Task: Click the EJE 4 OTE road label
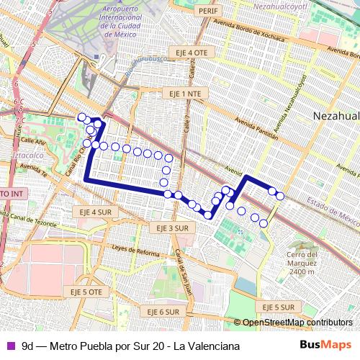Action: pos(191,53)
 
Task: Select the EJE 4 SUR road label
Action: pos(95,212)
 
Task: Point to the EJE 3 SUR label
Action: pos(172,228)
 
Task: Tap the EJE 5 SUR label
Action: pos(276,307)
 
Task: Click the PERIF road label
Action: pos(208,12)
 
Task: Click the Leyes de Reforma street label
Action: pos(135,251)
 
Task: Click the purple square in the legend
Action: pos(11,345)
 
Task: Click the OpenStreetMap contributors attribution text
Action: pos(297,323)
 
